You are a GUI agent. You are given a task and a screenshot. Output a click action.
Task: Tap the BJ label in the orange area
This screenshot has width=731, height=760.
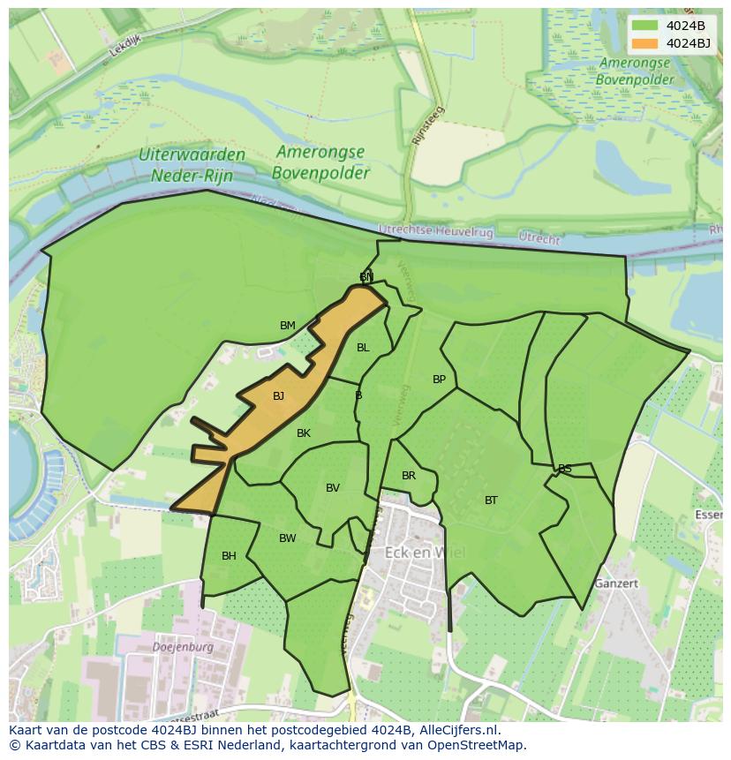[278, 396]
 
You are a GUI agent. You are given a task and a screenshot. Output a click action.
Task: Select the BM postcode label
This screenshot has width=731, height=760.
[288, 326]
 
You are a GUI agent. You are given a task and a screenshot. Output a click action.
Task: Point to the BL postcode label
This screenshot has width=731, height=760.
[363, 348]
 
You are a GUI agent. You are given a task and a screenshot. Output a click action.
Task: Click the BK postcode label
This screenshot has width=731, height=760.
[304, 433]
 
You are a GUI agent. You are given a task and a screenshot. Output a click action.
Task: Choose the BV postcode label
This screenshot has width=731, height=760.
[333, 488]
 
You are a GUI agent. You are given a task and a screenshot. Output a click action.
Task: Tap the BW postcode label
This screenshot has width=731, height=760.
[288, 538]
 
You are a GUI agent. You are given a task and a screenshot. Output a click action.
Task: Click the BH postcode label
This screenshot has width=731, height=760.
[229, 556]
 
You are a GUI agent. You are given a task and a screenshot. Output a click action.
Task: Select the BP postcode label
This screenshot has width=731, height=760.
[439, 380]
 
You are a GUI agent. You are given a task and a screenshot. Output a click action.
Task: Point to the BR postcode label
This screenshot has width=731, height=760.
[409, 476]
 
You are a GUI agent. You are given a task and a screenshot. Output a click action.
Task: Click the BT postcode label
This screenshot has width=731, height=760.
[491, 500]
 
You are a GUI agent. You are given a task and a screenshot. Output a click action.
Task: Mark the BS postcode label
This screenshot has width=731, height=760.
[565, 469]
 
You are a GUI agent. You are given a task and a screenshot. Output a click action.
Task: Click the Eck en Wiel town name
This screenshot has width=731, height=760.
[425, 553]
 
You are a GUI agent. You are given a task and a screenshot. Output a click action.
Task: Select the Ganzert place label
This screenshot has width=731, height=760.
[615, 583]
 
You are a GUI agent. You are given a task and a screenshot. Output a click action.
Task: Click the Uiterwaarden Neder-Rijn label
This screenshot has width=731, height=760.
[192, 164]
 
